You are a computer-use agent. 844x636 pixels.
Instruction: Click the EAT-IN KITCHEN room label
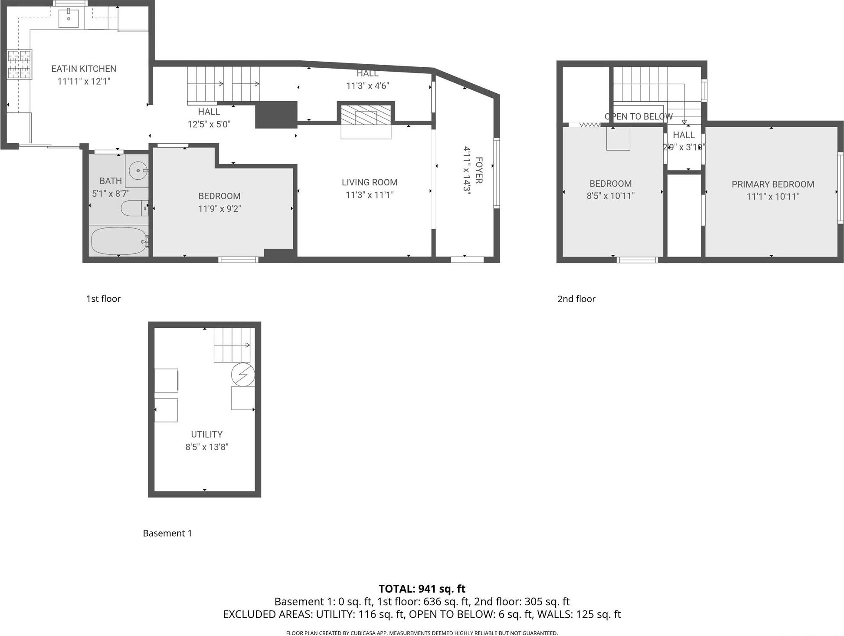click(x=84, y=69)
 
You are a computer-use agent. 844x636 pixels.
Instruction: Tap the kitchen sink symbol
click(x=69, y=18)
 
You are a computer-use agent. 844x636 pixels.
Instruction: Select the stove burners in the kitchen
click(x=20, y=65)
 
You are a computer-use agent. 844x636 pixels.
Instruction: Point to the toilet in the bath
click(x=134, y=208)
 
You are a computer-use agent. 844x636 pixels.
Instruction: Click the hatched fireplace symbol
click(x=366, y=115)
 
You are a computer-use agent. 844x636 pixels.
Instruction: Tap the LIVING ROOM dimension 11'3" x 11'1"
click(x=370, y=195)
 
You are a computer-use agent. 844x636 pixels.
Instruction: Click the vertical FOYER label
click(x=479, y=170)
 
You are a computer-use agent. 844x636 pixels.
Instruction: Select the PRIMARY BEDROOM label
click(x=772, y=184)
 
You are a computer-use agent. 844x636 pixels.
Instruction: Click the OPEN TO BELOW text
click(x=638, y=116)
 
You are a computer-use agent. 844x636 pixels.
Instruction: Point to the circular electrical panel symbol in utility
click(x=243, y=374)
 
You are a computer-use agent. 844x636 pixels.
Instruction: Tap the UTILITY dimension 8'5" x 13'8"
click(x=207, y=447)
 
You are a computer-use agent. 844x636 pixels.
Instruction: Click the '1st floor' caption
click(x=103, y=299)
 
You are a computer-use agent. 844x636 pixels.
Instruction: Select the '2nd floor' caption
click(x=576, y=299)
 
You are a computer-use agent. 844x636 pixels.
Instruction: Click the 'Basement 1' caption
click(x=167, y=533)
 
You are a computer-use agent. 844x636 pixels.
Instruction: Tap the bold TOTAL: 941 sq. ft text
click(x=422, y=589)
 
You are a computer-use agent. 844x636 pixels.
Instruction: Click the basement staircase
click(x=232, y=345)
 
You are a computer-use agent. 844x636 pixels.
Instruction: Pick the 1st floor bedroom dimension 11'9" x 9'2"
click(x=219, y=209)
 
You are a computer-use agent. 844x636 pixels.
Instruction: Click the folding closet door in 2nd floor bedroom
click(x=589, y=125)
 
